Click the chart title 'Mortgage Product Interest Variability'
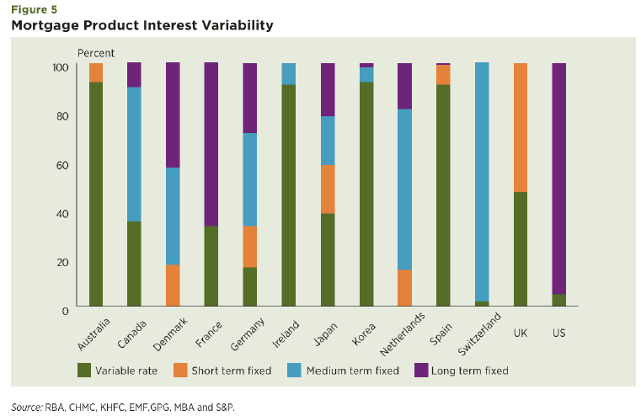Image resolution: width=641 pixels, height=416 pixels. (142, 25)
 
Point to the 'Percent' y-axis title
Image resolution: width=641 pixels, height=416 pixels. (95, 53)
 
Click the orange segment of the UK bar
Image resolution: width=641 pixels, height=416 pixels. (520, 127)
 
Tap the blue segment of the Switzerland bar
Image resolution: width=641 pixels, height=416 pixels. (481, 181)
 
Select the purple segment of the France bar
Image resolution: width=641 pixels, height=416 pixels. (211, 144)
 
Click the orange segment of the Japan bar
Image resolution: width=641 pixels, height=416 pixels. (327, 189)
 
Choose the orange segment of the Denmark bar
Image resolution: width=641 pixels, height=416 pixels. (173, 285)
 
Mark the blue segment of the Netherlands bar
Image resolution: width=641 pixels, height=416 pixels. (404, 189)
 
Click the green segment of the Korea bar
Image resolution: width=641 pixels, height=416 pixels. (366, 194)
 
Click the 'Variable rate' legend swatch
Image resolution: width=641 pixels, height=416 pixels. (83, 370)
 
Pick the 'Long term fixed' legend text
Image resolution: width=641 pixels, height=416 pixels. (470, 370)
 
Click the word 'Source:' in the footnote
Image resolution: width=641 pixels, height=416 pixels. (26, 406)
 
